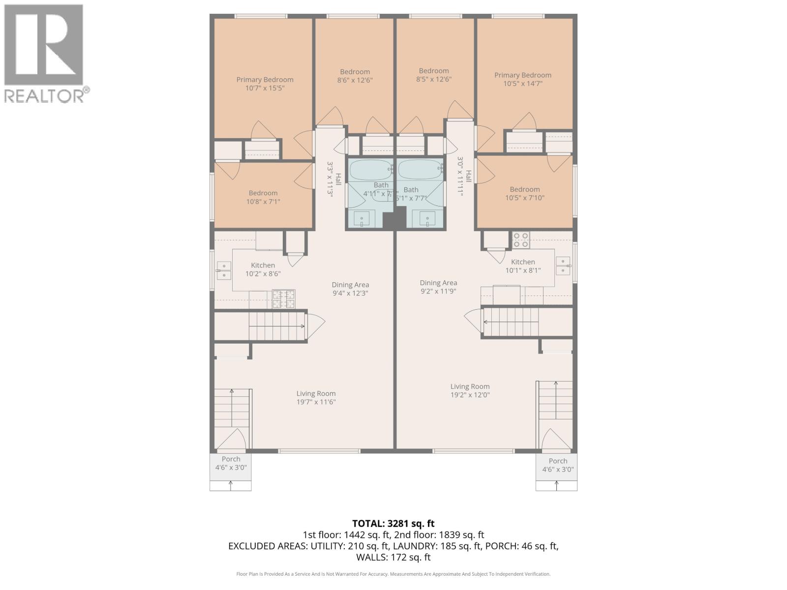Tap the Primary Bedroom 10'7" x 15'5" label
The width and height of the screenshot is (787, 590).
tap(265, 84)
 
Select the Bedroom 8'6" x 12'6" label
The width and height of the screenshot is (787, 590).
tap(355, 76)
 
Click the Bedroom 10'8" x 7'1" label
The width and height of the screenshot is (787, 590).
tap(263, 197)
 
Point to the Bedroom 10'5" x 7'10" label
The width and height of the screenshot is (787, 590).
tap(525, 194)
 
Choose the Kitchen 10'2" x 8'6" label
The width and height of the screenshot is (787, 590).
tap(263, 269)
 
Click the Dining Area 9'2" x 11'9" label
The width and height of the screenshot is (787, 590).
tap(438, 287)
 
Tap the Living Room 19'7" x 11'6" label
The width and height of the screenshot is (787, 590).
tap(316, 398)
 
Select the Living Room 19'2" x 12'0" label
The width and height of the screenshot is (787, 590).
tap(470, 390)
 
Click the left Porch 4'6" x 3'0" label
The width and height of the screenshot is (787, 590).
tap(231, 463)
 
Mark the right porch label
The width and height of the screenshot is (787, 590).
tap(558, 465)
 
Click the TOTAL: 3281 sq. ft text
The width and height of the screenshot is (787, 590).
tap(393, 524)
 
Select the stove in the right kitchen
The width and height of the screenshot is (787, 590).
tap(521, 240)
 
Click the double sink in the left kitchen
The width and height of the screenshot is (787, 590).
tap(224, 270)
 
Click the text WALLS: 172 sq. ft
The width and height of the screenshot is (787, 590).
tap(393, 557)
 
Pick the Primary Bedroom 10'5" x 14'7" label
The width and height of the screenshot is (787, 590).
tap(523, 79)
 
